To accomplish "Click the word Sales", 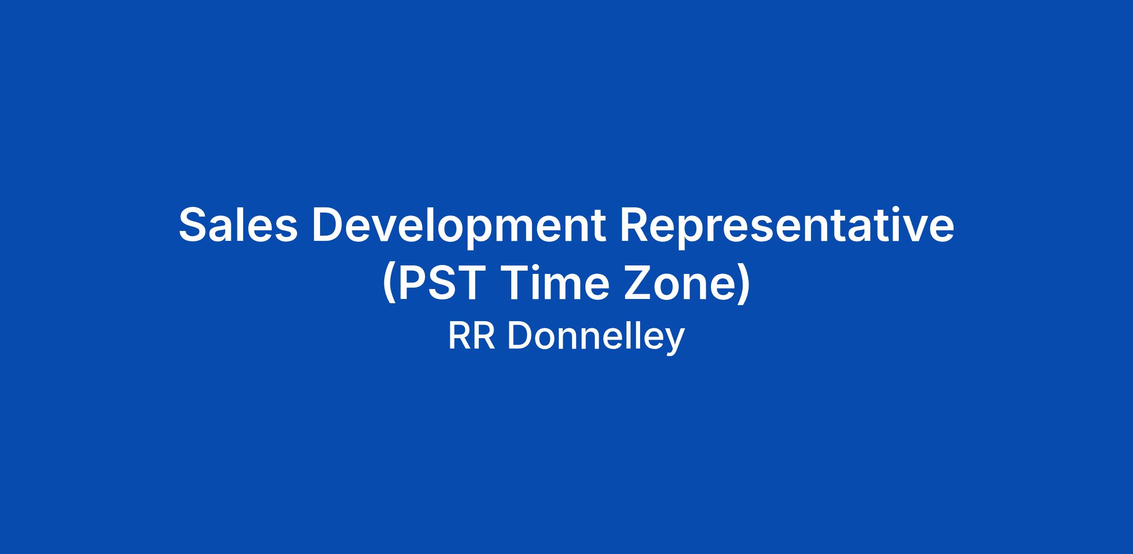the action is [x=238, y=225].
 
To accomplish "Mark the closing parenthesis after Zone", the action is [x=743, y=286].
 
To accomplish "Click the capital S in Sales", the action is [x=194, y=225].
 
